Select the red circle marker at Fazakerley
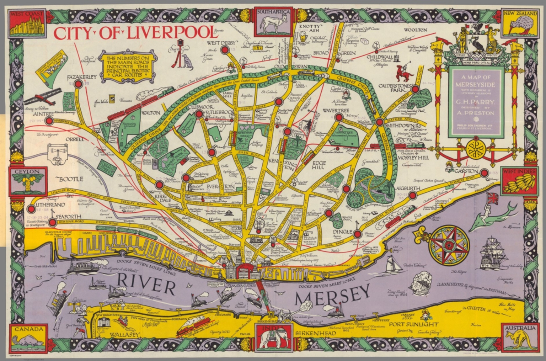click(78, 84)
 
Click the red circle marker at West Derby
click(225, 50)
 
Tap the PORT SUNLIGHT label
click(413, 324)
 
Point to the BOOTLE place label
click(71, 179)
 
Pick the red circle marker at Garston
click(483, 173)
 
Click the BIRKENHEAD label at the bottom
click(315, 333)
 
